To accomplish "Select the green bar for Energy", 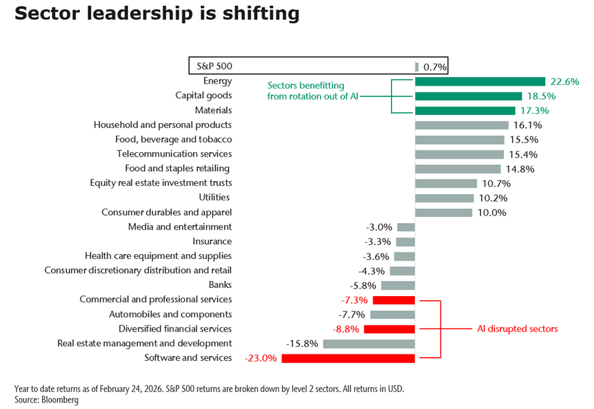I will click(x=480, y=81).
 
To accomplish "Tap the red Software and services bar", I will click(x=348, y=358).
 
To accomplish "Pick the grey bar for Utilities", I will click(x=444, y=198).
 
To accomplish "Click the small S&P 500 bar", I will click(x=416, y=67).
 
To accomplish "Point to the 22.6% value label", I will click(x=564, y=81).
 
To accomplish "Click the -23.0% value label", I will click(x=260, y=358).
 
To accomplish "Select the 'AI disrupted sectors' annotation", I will click(x=518, y=329).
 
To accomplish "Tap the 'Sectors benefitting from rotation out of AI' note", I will click(x=307, y=91).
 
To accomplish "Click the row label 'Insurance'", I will click(x=212, y=242).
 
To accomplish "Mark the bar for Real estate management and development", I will click(x=369, y=344).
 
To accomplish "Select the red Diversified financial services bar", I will click(x=389, y=329).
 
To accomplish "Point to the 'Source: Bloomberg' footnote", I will click(x=46, y=400).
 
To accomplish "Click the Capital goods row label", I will click(x=203, y=96).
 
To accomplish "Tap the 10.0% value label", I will click(x=491, y=212).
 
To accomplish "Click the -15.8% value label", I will click(x=302, y=344).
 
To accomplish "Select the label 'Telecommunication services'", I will click(x=174, y=154).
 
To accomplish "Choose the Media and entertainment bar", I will click(x=406, y=227).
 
